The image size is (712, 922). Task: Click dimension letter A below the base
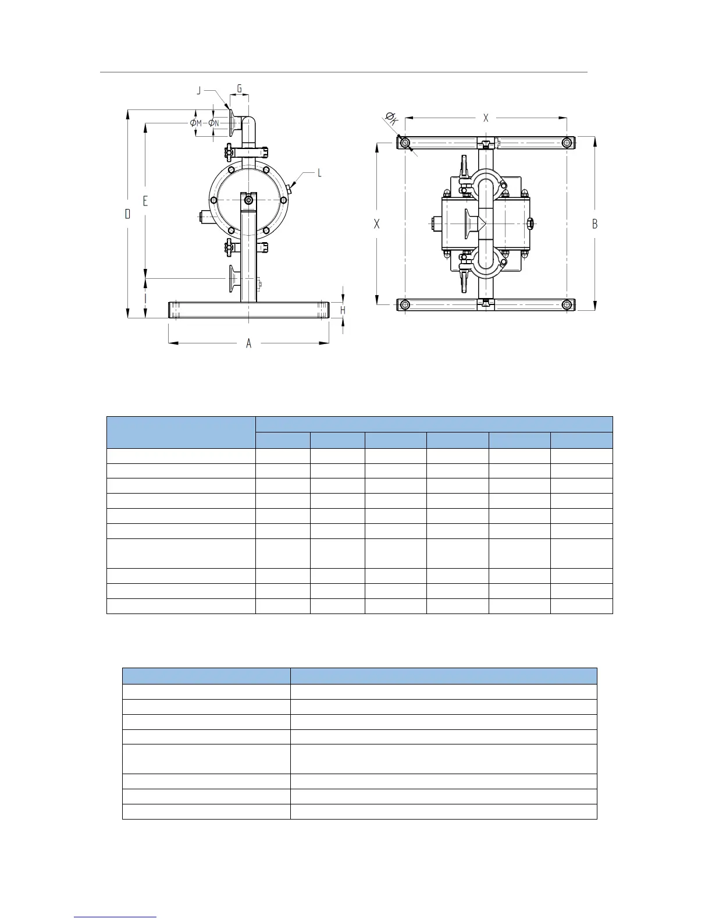point(249,343)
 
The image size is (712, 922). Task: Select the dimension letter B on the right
point(594,224)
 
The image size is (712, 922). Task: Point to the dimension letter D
point(127,214)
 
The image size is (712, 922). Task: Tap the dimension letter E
point(145,201)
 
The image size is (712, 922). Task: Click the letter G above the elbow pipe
point(240,89)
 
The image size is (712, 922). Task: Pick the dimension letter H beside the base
point(343,310)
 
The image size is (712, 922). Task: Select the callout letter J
point(199,90)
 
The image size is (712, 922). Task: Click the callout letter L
point(319,173)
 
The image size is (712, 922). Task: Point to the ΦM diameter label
point(195,123)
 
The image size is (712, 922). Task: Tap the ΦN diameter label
point(213,123)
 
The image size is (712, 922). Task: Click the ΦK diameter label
point(391,119)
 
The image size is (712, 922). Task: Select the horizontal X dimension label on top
point(486,118)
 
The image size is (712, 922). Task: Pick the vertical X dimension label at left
point(377,224)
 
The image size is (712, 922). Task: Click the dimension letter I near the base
point(145,298)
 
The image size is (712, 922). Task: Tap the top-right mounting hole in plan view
point(567,143)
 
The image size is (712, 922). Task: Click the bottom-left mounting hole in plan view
point(405,304)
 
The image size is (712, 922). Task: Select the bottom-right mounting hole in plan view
point(567,304)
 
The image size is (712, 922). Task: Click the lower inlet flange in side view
point(232,281)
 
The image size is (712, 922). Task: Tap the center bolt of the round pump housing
point(249,200)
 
